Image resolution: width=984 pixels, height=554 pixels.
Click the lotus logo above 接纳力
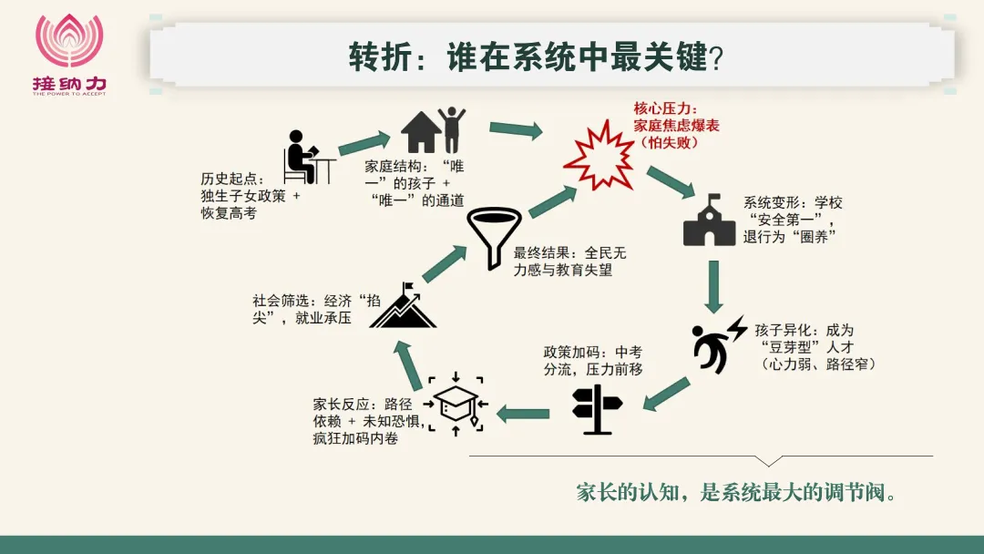pyautogui.click(x=69, y=39)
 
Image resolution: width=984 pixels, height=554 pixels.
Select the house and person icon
pyautogui.click(x=433, y=130)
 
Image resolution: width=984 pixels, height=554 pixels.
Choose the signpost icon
pyautogui.click(x=597, y=409)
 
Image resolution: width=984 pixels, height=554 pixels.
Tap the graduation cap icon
pyautogui.click(x=456, y=404)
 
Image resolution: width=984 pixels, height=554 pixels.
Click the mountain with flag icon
pyautogui.click(x=403, y=305)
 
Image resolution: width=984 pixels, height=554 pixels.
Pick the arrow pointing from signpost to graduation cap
pyautogui.click(x=523, y=414)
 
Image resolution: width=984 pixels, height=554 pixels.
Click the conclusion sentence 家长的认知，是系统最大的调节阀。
pyautogui.click(x=736, y=493)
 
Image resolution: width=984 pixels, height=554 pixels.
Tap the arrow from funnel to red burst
pyautogui.click(x=552, y=200)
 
